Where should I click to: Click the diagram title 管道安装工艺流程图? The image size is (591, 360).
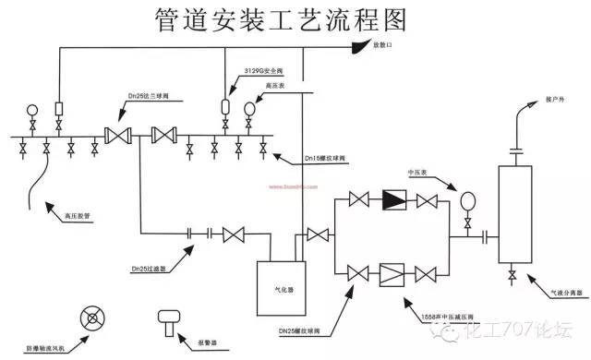295,19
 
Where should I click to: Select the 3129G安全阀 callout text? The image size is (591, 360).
264,70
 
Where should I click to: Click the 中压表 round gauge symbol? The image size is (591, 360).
466,200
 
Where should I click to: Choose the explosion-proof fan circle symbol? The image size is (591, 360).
92,319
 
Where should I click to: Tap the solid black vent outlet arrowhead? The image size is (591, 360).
355,47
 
